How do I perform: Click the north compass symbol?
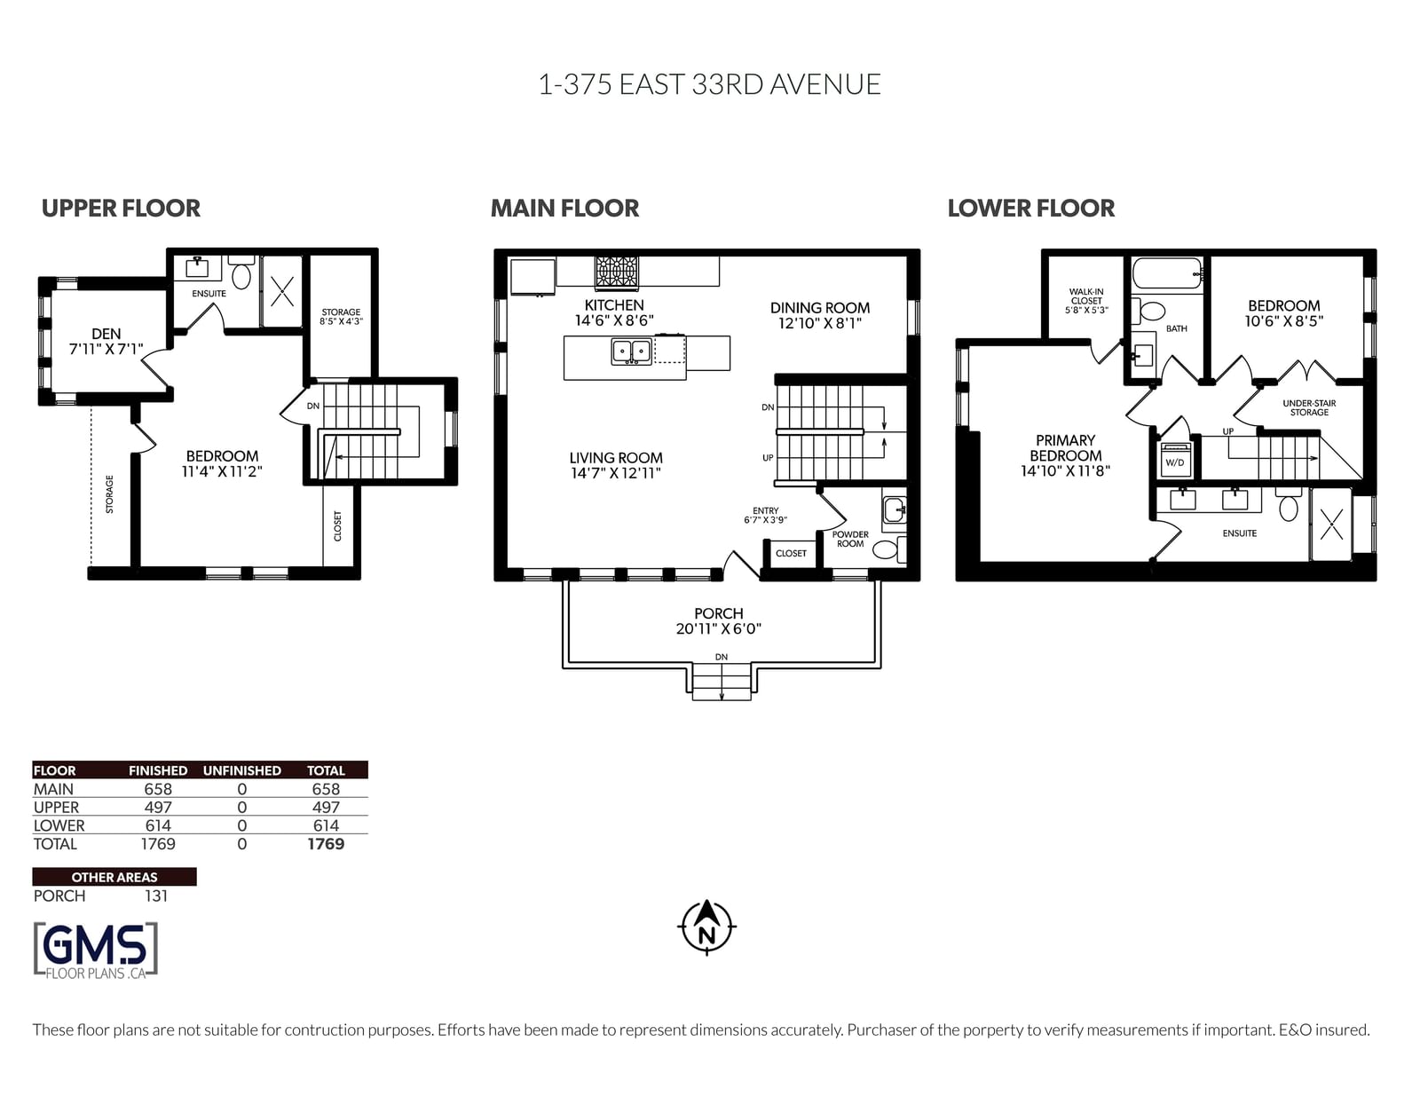point(706,927)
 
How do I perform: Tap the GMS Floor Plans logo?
point(96,951)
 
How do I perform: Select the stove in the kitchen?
point(616,272)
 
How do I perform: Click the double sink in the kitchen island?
point(631,351)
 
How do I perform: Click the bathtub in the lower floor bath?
point(1167,273)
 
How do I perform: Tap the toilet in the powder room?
point(888,548)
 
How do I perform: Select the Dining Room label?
point(819,308)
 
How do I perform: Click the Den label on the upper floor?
point(106,334)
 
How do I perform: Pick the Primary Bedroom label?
point(1065,448)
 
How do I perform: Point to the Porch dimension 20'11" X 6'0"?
point(718,628)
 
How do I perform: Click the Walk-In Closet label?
point(1086,296)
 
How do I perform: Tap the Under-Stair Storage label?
point(1309,407)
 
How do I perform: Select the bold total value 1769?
point(326,843)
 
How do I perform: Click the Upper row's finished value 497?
point(158,808)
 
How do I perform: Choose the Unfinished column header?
point(241,771)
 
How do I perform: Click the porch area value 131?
point(156,896)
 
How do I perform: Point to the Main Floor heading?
point(564,209)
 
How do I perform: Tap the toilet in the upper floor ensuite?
point(241,272)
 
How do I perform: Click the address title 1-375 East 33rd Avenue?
point(710,84)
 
